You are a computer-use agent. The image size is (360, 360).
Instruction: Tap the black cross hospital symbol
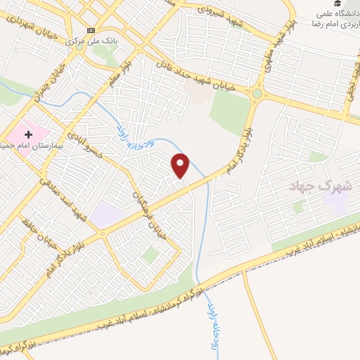point(29,134)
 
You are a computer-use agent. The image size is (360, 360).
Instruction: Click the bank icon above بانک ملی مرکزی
point(91,31)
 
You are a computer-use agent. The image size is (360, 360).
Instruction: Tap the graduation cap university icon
point(347,5)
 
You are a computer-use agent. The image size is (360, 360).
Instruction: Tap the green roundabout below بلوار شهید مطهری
point(258,93)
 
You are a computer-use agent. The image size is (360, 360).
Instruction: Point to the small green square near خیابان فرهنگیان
point(148,255)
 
